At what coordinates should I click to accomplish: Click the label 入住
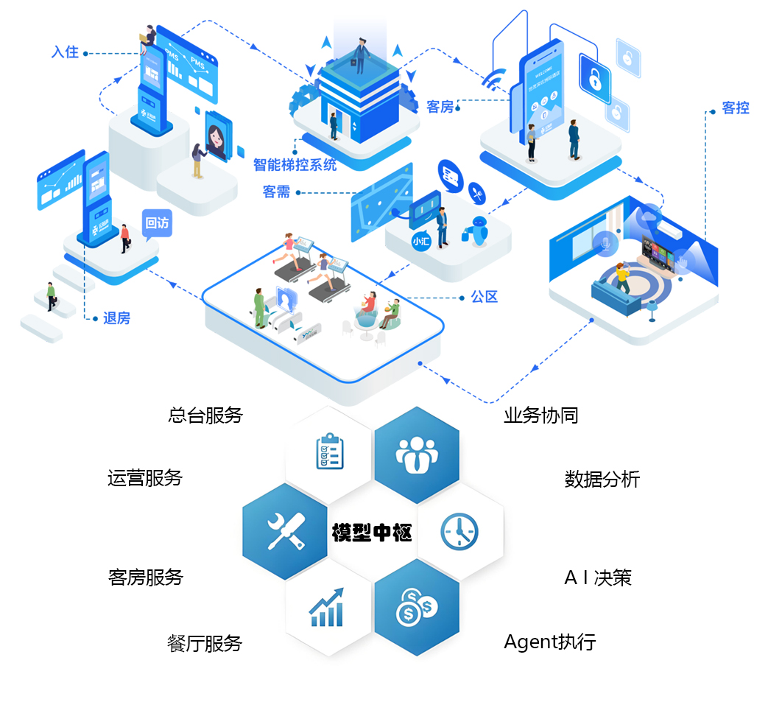coord(65,52)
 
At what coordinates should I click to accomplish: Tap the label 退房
coord(116,318)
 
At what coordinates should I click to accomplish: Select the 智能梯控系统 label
coord(295,164)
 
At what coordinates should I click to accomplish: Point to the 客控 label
coord(735,108)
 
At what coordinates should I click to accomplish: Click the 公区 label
coord(485,297)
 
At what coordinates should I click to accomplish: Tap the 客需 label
coord(276,192)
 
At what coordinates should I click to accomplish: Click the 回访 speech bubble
coord(156,222)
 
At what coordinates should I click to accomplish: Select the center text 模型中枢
coord(372,532)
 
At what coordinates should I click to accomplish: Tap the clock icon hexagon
coord(459,531)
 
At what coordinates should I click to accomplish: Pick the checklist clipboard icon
coord(329,451)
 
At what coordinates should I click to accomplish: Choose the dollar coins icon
coord(417,611)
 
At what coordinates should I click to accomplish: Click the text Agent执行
coord(549,642)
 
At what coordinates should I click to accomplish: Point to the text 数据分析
coord(602,480)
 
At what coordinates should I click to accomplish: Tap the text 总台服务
coord(205,415)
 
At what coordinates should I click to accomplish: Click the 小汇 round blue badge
coord(420,241)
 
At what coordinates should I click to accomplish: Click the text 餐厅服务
coord(205,643)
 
